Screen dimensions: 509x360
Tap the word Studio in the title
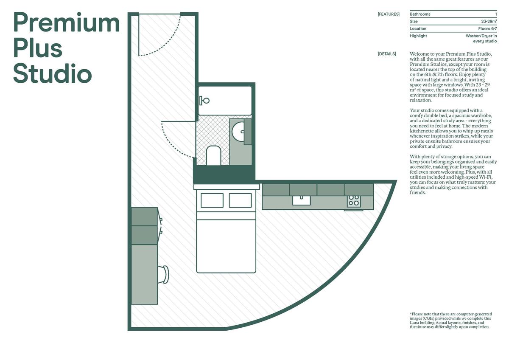(x=53, y=73)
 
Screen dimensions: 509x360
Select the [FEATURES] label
(x=389, y=14)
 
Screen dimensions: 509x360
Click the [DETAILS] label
(x=387, y=54)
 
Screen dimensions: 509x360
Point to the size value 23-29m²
(x=489, y=21)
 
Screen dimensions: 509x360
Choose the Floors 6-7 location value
(x=487, y=28)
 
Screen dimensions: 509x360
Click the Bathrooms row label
(x=420, y=14)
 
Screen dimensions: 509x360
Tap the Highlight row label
(x=418, y=36)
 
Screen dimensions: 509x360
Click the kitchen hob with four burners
(x=354, y=201)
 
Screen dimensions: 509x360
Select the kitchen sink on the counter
(x=301, y=200)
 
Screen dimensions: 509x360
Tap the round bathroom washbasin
(x=238, y=132)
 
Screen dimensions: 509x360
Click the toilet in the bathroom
(x=213, y=155)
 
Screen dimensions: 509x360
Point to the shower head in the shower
(x=204, y=100)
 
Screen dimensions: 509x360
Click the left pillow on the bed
(x=212, y=200)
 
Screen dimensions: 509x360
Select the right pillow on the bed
(x=240, y=200)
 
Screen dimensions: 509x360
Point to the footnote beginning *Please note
(x=451, y=320)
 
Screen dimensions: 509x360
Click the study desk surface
(x=144, y=274)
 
